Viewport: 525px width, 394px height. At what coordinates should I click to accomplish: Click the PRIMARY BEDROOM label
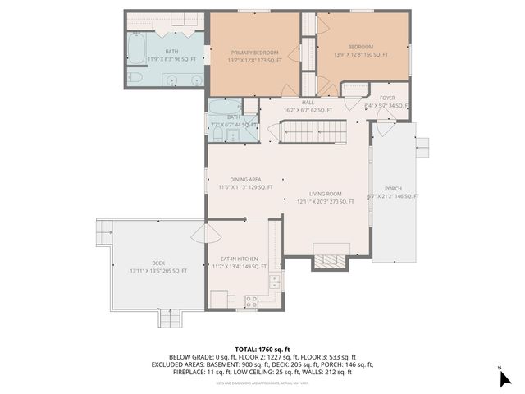pos(256,52)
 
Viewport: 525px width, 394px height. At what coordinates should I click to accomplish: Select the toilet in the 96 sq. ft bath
pos(135,78)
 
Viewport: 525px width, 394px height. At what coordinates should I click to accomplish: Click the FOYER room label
pos(387,98)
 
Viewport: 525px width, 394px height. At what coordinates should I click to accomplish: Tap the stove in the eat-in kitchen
pos(252,300)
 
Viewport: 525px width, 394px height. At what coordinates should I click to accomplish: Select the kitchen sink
pos(275,282)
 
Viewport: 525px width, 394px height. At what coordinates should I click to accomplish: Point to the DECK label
pos(158,263)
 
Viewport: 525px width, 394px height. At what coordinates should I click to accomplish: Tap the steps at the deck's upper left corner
pos(104,232)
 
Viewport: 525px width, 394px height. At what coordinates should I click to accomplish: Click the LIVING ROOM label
pos(325,194)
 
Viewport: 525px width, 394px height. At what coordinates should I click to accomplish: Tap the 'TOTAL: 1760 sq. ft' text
pos(262,349)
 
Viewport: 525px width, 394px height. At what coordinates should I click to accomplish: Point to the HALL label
pos(308,102)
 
